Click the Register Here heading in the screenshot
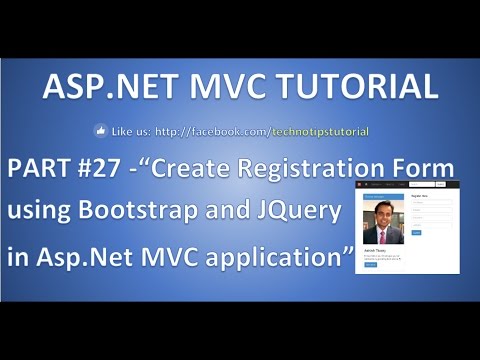coord(422,197)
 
